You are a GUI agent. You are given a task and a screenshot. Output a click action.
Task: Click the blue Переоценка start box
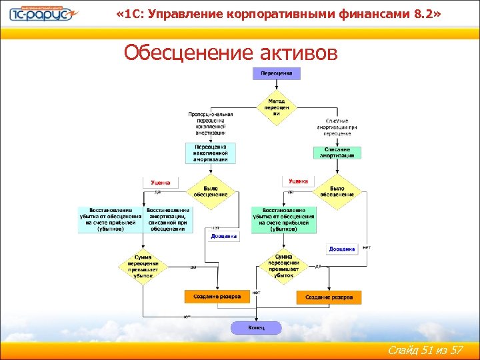click(276, 73)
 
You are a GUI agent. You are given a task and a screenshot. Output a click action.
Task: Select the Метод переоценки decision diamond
click(276, 107)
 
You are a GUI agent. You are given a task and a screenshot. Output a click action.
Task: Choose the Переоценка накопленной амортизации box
click(210, 153)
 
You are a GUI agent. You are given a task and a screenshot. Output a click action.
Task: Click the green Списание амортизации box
click(337, 153)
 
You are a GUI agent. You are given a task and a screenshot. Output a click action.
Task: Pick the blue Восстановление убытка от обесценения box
click(111, 219)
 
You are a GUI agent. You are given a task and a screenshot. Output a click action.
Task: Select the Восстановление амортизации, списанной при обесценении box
click(168, 219)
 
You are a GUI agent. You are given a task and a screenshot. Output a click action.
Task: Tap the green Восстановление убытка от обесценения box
click(283, 219)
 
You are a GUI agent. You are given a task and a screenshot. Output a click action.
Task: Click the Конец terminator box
click(256, 327)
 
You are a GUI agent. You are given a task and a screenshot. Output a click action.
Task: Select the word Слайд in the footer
click(404, 351)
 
